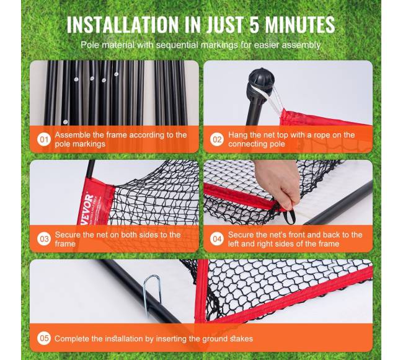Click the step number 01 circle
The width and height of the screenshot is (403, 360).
(44, 139)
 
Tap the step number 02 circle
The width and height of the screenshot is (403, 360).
(217, 139)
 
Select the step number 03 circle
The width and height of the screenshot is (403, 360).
(44, 239)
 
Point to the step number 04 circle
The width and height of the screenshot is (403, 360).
(217, 239)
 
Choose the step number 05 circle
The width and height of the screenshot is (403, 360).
(44, 338)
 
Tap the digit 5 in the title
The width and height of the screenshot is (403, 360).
(254, 25)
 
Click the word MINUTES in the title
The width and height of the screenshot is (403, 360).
(300, 25)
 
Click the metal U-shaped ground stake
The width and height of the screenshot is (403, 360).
(152, 293)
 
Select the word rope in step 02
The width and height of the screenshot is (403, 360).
(321, 135)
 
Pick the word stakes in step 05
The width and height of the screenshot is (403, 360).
(241, 339)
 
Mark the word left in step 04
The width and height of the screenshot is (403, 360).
(234, 244)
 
